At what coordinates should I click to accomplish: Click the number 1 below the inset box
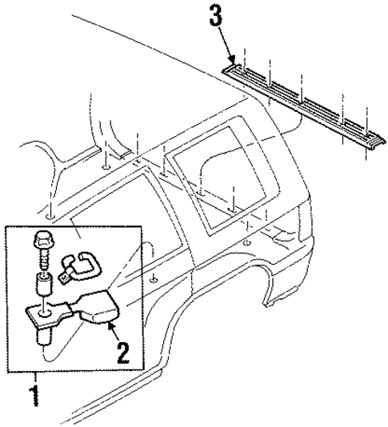pos(33,394)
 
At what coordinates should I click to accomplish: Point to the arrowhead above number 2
pos(110,324)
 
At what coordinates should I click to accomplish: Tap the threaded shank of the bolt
pos(42,261)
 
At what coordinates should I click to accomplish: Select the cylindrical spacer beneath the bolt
pos(43,284)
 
